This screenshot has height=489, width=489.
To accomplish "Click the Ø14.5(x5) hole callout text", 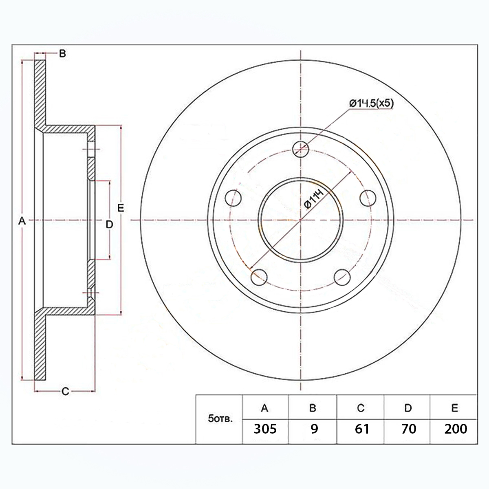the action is (x=371, y=104).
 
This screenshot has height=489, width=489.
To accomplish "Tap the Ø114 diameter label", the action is (x=315, y=200).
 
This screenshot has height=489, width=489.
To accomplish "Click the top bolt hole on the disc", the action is (x=300, y=149).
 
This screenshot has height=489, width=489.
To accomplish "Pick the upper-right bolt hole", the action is (x=368, y=198).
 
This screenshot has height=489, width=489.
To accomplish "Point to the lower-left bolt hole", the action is (x=259, y=277).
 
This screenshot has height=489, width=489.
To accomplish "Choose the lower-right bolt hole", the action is (x=342, y=277).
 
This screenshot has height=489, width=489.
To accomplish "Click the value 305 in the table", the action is (x=265, y=429).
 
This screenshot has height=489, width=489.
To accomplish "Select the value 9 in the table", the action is (x=314, y=429).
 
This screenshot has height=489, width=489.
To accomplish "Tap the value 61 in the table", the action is (x=362, y=429).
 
